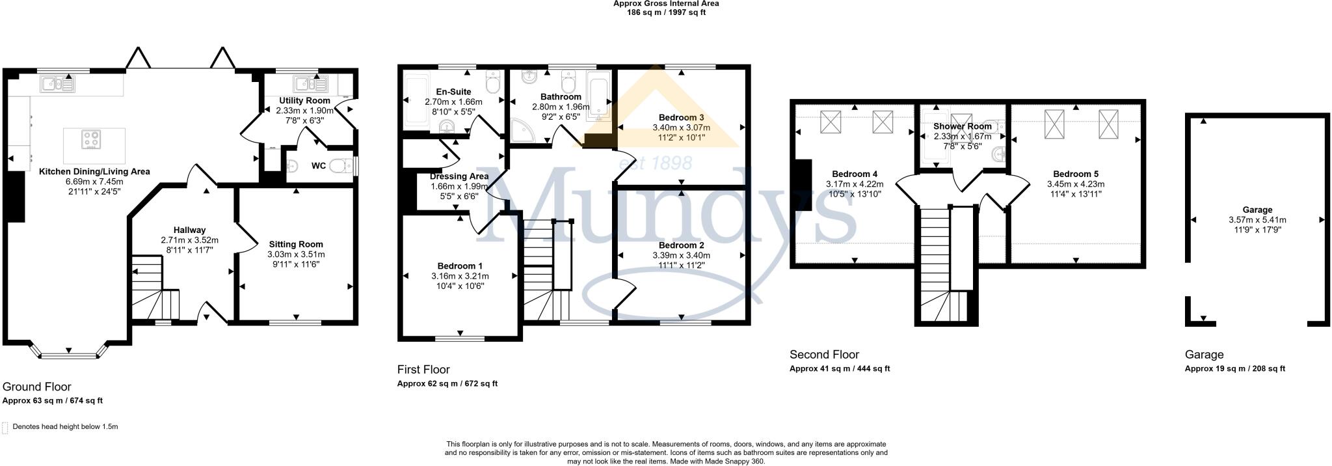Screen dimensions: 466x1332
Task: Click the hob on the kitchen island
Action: [90, 139]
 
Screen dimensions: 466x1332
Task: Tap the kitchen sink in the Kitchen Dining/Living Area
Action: [57, 83]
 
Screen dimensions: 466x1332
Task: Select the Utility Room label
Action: [304, 101]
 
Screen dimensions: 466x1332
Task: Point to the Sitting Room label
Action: [296, 244]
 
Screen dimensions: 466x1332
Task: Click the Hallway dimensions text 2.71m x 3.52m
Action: [189, 240]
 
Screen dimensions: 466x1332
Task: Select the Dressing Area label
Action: [459, 176]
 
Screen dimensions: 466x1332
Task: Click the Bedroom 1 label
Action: [460, 266]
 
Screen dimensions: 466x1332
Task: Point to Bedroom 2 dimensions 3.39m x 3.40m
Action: [681, 255]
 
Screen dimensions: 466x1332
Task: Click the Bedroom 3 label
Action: [681, 117]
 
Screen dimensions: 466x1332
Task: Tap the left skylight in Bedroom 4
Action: [831, 122]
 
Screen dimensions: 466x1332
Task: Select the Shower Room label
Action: [962, 126]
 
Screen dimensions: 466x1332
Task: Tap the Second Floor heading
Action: [824, 355]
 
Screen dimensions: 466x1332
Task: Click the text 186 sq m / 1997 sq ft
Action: [666, 12]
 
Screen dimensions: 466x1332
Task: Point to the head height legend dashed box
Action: [6, 428]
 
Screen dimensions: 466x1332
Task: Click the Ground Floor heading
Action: [37, 387]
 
